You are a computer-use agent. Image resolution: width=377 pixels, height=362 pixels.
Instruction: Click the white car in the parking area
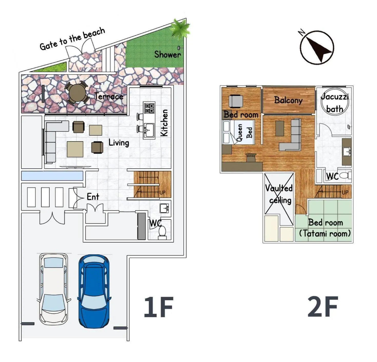(x=54, y=290)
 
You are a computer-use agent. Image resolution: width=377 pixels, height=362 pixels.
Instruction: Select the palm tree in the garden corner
(x=180, y=28)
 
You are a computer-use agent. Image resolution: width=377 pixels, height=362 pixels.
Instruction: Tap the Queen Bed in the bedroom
(x=239, y=132)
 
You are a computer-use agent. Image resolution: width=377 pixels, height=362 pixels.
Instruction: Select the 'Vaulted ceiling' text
(x=279, y=194)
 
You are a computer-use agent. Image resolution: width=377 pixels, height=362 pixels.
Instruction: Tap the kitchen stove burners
(x=149, y=108)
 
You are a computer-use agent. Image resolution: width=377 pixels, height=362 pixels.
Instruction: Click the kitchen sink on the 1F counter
(x=149, y=130)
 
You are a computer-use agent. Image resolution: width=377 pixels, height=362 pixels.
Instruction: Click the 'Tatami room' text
(x=325, y=234)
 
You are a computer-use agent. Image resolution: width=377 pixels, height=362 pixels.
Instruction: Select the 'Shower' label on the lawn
(x=167, y=54)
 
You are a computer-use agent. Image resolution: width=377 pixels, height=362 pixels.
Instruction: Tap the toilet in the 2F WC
(x=345, y=176)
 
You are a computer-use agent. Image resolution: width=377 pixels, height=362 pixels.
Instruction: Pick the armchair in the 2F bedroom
(x=236, y=101)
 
